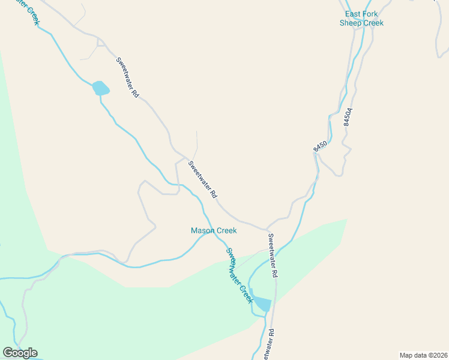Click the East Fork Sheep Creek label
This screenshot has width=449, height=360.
(x=361, y=19)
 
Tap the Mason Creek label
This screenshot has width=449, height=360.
(x=214, y=230)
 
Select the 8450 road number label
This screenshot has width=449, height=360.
(x=320, y=146)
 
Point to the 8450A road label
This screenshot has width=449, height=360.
(x=347, y=116)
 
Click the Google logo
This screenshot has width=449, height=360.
(x=20, y=353)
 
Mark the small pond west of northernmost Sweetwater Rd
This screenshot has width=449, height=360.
(x=100, y=89)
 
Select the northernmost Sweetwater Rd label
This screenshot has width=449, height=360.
(x=127, y=77)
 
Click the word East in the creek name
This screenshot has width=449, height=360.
(x=354, y=14)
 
